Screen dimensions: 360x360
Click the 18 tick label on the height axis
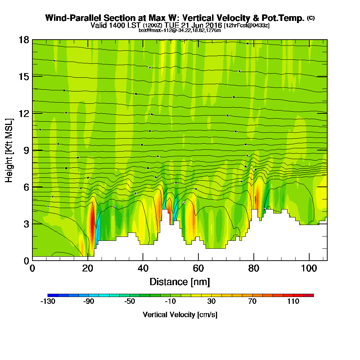coord(24,40)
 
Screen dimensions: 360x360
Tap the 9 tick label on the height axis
coord(26,150)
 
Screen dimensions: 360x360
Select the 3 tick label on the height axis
coord(26,224)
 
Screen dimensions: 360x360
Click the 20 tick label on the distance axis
coord(87,269)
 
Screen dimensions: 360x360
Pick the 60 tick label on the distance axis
coord(198,269)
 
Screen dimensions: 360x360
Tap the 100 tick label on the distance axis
coord(309,269)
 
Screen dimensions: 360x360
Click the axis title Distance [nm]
coord(180,281)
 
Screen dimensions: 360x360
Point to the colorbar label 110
coord(293,301)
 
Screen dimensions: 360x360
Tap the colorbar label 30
coord(211,301)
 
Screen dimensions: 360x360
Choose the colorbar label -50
coord(129,301)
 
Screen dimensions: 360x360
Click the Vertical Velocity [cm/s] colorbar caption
coord(180,315)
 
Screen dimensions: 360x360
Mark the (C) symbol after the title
coord(311,18)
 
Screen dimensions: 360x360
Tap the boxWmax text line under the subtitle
coord(180,30)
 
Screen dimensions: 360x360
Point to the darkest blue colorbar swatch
coord(50,295)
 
